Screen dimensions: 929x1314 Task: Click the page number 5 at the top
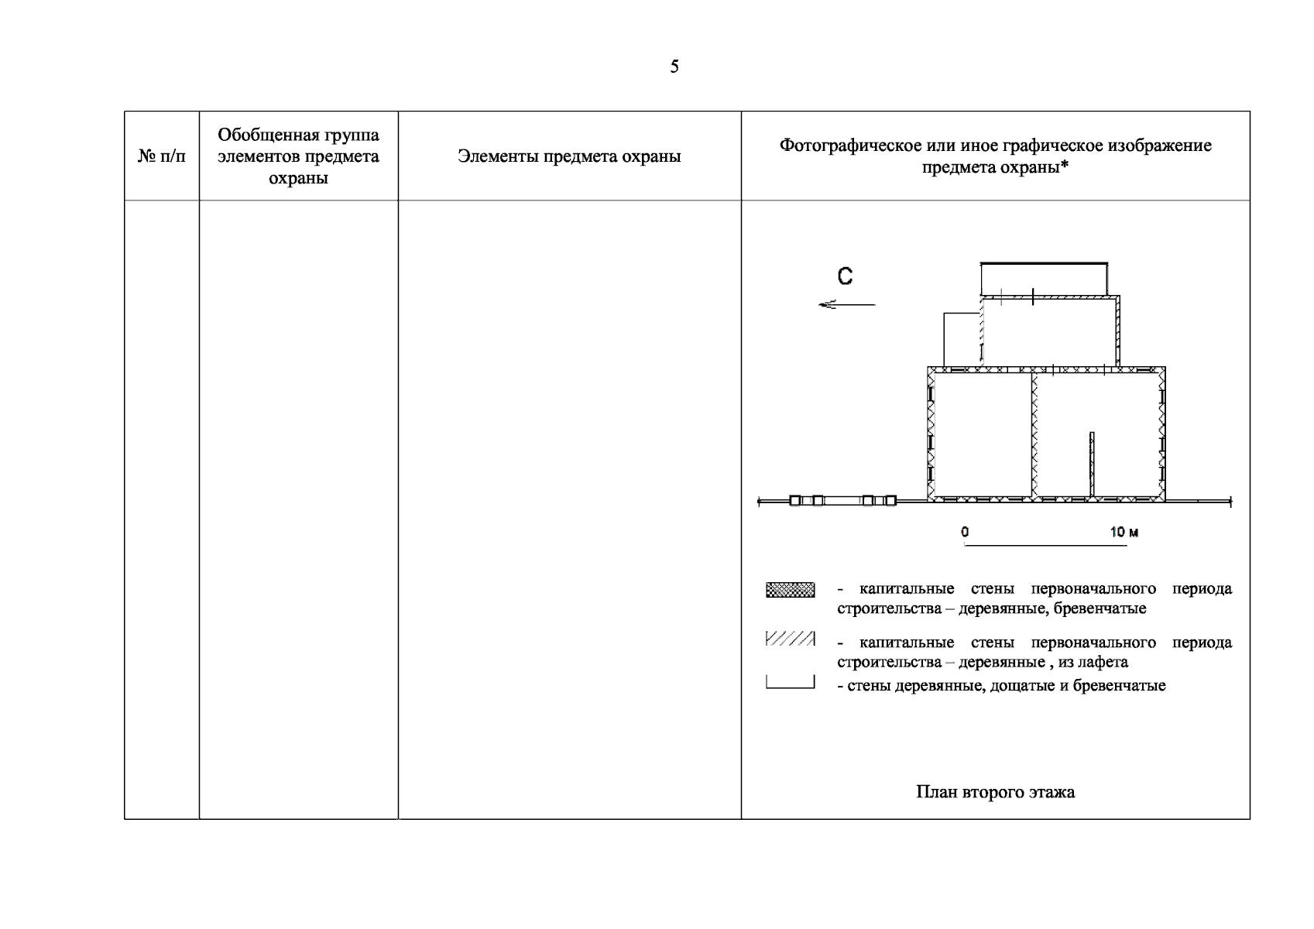pos(674,67)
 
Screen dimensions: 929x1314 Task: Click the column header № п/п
pos(162,156)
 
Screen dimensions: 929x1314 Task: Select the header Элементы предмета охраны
pos(569,156)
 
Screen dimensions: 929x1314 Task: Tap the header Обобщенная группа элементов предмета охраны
pos(298,156)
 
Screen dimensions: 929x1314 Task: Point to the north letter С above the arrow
pos(846,276)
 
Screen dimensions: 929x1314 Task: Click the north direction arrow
pos(846,304)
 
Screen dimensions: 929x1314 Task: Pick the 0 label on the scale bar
pos(965,532)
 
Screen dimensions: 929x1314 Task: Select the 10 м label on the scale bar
pos(1124,532)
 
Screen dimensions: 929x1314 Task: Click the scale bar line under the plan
pos(1045,545)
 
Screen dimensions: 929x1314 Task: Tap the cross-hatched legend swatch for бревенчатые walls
pos(790,590)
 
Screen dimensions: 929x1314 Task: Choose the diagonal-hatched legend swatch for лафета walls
pos(790,639)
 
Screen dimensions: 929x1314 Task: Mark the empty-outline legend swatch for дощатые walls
pos(790,682)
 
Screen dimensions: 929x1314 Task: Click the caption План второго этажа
pos(995,792)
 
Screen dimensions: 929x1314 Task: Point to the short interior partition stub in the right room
pos(1092,463)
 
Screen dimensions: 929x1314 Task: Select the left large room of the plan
pos(981,435)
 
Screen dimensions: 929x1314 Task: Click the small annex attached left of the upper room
pos(962,338)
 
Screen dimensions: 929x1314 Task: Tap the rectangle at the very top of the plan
pos(1044,279)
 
